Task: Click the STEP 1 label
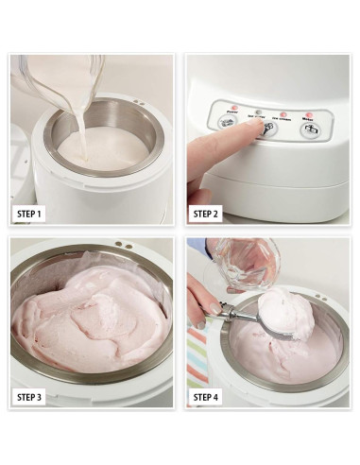29,215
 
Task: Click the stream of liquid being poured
77,128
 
